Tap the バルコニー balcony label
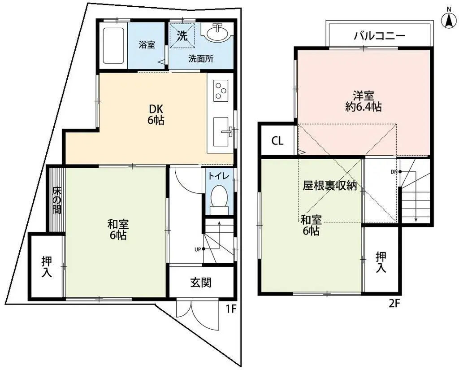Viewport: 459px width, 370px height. [379, 35]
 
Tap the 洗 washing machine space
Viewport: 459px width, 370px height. [182, 36]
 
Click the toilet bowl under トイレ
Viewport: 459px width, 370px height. [219, 197]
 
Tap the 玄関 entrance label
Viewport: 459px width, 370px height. [201, 283]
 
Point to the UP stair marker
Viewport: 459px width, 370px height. [198, 249]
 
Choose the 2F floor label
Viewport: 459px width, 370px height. [394, 304]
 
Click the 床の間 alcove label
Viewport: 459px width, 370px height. [56, 200]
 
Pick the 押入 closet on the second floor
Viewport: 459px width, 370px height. [381, 262]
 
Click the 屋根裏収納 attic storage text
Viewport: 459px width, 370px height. [330, 186]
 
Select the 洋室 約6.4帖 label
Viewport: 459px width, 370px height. [363, 101]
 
